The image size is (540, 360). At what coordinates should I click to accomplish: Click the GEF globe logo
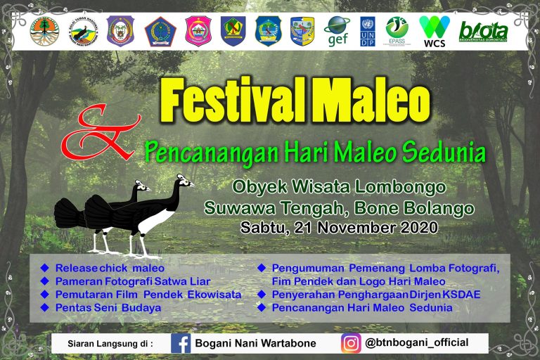click(x=337, y=30)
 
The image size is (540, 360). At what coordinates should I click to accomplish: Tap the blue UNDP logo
click(x=368, y=32)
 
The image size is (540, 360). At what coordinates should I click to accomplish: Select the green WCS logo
click(x=434, y=31)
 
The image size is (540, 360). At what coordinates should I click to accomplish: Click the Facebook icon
click(x=181, y=343)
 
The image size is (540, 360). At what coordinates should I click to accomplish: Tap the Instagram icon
click(x=351, y=343)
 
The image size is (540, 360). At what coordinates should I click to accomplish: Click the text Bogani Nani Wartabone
click(x=256, y=344)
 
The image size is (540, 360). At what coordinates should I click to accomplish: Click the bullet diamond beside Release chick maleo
click(x=45, y=268)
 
